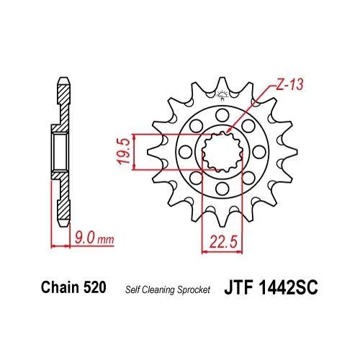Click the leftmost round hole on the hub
(181, 152)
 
